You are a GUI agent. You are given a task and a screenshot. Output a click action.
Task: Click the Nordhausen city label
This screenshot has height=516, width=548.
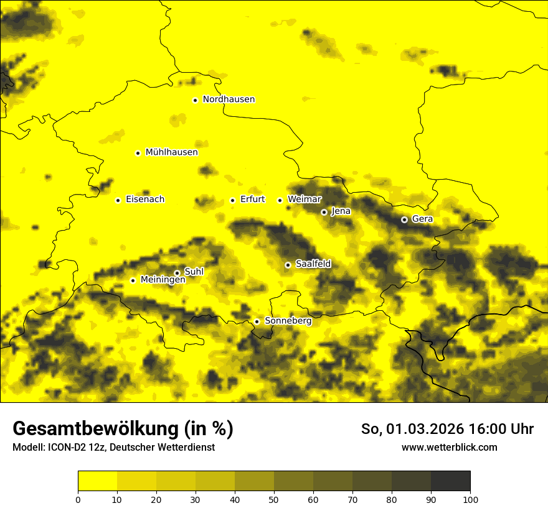(229, 99)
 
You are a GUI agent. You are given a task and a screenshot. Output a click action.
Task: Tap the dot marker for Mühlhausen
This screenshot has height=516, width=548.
(138, 153)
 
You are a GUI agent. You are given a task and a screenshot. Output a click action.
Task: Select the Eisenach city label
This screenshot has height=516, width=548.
(145, 200)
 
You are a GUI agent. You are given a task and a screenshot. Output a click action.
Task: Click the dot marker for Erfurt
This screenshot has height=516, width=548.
(232, 200)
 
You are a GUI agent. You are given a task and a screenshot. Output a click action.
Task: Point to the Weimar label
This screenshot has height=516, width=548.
(305, 200)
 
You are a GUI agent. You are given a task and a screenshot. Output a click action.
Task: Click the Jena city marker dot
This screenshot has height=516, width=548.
(324, 212)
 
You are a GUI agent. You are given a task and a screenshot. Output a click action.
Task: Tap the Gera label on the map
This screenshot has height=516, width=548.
(422, 219)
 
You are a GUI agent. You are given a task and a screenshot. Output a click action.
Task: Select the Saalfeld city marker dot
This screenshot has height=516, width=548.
(288, 265)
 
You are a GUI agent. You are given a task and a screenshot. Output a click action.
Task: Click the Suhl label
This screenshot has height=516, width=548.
(194, 272)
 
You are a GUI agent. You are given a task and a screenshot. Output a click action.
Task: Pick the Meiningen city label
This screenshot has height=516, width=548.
(163, 280)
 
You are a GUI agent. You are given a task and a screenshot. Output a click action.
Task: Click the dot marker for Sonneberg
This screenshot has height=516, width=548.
(257, 321)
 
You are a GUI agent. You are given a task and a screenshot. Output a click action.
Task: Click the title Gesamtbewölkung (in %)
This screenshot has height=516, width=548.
(123, 429)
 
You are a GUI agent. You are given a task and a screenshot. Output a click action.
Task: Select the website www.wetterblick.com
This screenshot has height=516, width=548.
(449, 448)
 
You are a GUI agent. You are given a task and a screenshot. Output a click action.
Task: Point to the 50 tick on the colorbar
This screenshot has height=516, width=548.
(274, 499)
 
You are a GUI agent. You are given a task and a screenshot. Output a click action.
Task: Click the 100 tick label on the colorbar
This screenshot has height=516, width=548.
(470, 499)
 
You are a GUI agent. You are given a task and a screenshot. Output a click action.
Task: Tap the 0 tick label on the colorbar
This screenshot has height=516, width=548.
(78, 499)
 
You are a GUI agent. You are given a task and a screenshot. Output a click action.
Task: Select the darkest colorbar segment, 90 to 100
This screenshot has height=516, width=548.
(450, 481)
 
